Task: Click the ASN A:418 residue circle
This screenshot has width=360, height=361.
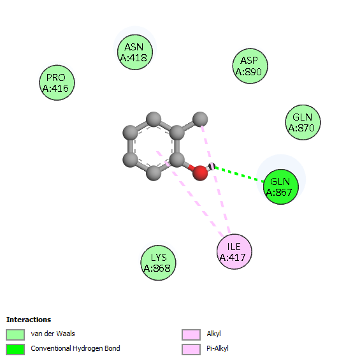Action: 135,52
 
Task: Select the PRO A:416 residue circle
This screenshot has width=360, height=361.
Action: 57,83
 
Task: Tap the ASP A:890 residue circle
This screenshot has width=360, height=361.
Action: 250,66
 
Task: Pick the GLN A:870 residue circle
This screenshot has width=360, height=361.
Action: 303,122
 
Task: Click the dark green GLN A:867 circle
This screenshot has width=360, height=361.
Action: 281,187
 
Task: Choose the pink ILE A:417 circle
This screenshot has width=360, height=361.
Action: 234,252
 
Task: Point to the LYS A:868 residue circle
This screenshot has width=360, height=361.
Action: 158,263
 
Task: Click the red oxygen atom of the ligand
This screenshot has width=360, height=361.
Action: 200,173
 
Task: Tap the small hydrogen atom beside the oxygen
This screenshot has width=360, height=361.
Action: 212,166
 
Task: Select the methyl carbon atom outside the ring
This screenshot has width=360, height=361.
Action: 200,119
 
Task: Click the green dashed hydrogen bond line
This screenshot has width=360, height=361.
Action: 239,175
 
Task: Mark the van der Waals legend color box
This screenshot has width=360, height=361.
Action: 15,335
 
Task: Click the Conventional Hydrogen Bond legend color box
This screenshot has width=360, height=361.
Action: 15,350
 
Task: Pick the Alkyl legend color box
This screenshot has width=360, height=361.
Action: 191,335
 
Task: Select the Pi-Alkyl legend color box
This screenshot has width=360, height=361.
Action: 191,350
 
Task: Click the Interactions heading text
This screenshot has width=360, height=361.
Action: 29,320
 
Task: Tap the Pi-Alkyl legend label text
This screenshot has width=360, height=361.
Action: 217,349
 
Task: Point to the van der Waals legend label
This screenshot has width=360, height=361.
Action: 53,334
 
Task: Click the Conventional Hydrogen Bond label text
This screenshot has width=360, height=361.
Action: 75,349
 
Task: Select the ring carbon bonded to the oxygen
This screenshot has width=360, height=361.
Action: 176,159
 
